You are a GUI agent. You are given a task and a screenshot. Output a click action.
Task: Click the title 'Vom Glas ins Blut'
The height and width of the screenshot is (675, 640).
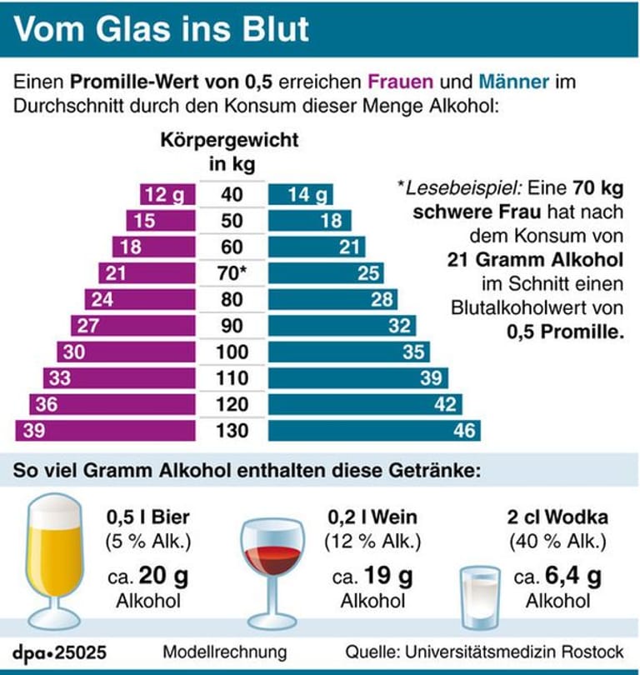click(x=162, y=28)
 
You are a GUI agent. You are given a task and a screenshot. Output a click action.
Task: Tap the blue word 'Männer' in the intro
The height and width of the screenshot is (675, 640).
click(x=514, y=83)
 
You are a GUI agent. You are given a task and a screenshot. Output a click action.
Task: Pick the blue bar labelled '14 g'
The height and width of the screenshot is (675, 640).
click(x=301, y=195)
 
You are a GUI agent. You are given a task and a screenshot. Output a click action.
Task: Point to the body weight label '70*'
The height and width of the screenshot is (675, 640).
click(x=232, y=272)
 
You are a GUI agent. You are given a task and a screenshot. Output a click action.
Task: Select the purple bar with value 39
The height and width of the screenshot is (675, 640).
click(x=105, y=430)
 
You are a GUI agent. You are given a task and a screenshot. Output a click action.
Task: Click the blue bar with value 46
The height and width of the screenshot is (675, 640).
click(x=374, y=430)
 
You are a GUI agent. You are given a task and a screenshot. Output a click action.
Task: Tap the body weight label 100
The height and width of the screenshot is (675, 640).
click(x=232, y=352)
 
